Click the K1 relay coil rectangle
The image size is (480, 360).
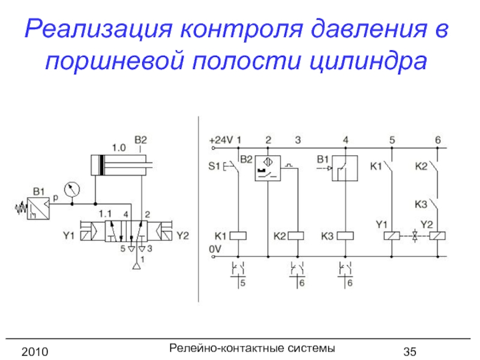pyautogui.click(x=239, y=235)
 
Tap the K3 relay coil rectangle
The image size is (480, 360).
pyautogui.click(x=345, y=235)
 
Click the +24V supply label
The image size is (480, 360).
pyautogui.click(x=220, y=140)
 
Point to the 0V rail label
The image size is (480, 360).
pyautogui.click(x=214, y=247)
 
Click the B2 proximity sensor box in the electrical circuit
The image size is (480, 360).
pyautogui.click(x=268, y=169)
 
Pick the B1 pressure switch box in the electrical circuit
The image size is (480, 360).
pyautogui.click(x=345, y=169)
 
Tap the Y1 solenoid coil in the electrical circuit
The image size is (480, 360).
pyautogui.click(x=392, y=235)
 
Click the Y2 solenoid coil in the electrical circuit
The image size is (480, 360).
pyautogui.click(x=438, y=235)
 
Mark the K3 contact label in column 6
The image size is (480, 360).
pyautogui.click(x=422, y=204)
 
